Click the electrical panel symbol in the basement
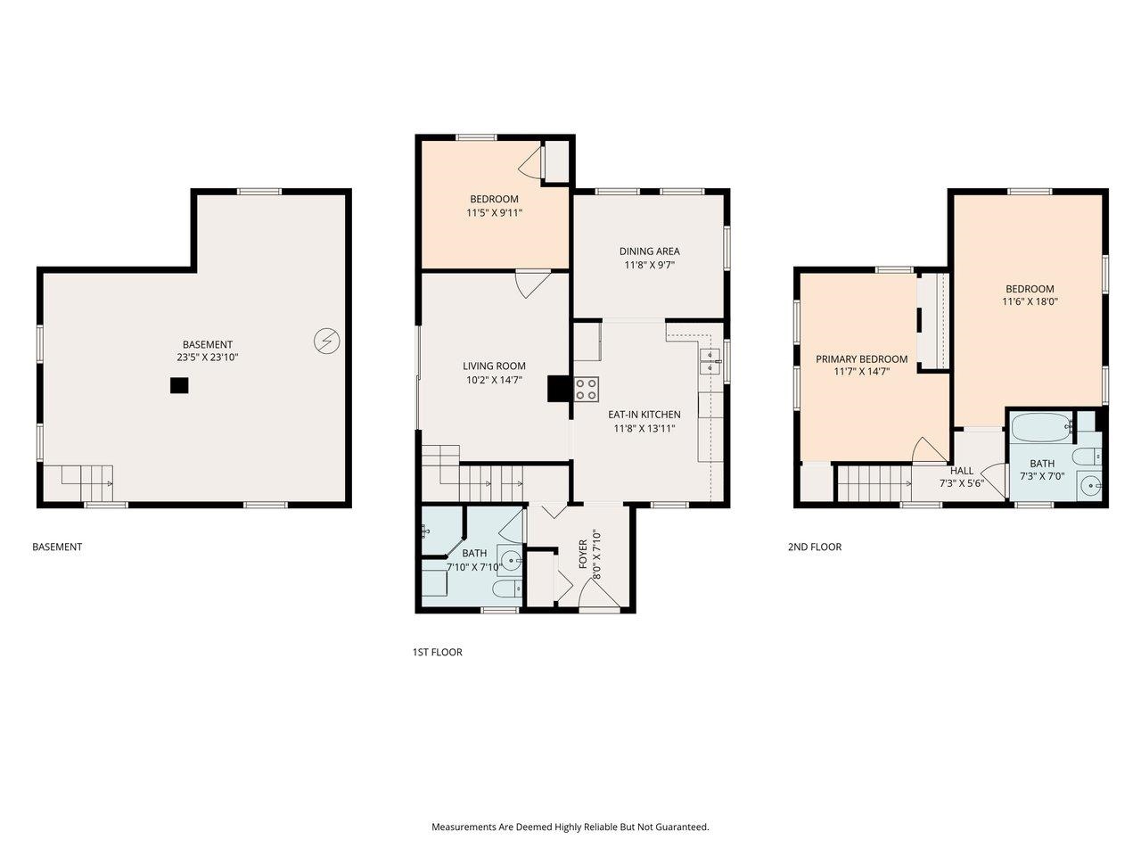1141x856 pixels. click(326, 341)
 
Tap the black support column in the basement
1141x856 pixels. click(180, 385)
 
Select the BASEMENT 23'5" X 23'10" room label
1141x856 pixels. click(208, 350)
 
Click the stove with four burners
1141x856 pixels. click(587, 389)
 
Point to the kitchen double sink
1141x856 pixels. click(710, 361)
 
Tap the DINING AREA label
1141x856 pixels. click(649, 251)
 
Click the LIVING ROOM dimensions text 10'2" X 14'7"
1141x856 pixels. click(494, 380)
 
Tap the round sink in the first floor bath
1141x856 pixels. click(509, 561)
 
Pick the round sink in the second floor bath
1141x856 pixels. click(1089, 487)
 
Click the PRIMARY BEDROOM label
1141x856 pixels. click(862, 359)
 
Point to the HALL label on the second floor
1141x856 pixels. click(962, 471)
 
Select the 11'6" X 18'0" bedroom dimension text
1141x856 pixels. click(1030, 301)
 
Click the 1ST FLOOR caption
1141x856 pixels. click(437, 653)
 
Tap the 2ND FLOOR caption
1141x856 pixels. click(814, 547)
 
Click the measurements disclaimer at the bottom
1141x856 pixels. click(570, 827)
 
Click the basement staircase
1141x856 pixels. click(86, 482)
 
